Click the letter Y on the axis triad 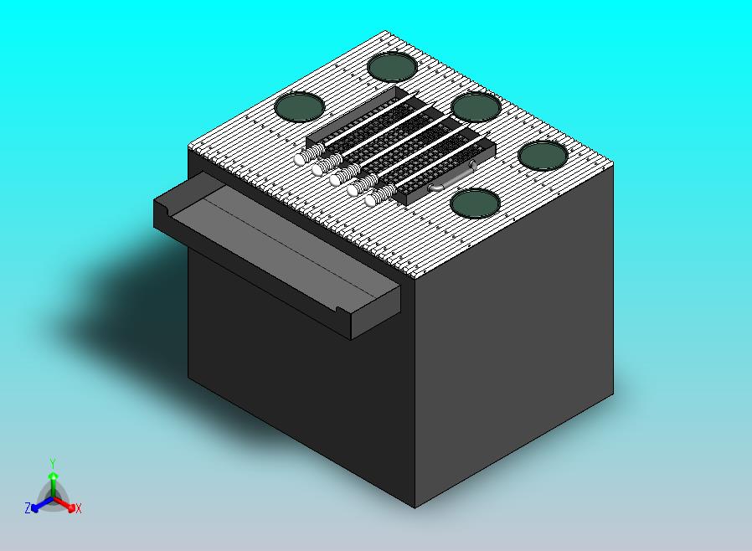54,463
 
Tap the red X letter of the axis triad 79,508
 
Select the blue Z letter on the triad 28,507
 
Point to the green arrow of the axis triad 54,484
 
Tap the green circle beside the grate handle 475,203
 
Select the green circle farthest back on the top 392,67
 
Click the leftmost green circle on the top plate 299,106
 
